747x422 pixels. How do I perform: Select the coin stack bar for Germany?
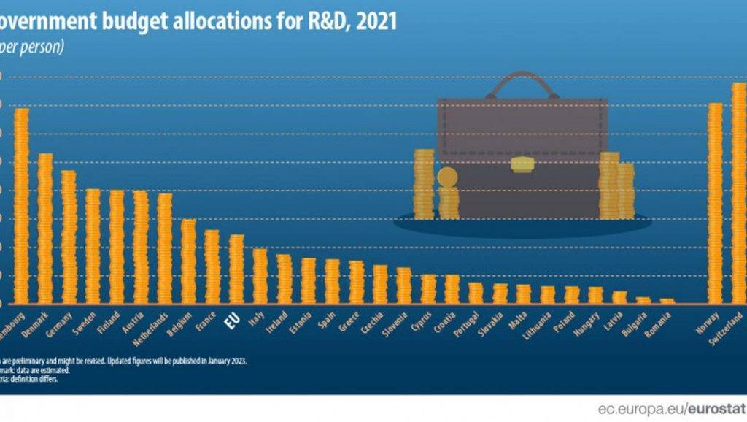[x=69, y=237]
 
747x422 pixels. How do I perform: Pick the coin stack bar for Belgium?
[x=188, y=261]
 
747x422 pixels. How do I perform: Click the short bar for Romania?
[x=667, y=301]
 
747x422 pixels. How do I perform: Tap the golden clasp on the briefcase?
[x=522, y=164]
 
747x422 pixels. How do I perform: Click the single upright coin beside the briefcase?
[x=447, y=177]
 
